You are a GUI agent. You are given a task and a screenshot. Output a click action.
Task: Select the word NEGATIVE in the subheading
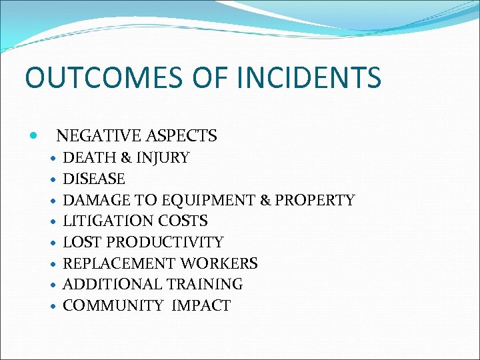click(x=95, y=136)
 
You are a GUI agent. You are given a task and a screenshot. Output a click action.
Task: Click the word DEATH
click(x=86, y=158)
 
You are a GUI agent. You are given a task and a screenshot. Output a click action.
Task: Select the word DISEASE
click(x=94, y=179)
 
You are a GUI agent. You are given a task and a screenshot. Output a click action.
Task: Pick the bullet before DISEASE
click(x=53, y=180)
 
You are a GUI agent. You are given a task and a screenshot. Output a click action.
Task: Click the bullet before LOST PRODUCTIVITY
click(x=53, y=243)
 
